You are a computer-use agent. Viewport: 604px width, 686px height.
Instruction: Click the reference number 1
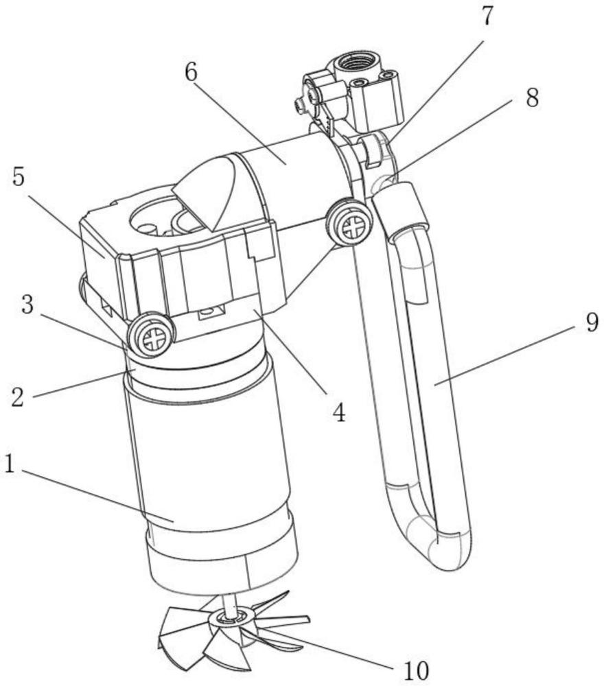point(10,465)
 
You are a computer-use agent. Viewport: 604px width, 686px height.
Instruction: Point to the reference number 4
point(339,411)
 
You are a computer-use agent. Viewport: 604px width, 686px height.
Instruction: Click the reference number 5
point(19,177)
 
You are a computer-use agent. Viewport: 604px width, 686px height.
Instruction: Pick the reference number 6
point(191,72)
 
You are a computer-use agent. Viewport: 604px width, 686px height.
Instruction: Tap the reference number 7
point(486,16)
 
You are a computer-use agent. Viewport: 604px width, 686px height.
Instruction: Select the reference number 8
point(532,98)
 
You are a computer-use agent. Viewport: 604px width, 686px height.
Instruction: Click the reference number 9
point(592,323)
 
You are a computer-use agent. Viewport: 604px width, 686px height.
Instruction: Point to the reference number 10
point(415,670)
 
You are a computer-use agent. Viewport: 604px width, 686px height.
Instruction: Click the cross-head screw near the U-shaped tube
point(351,226)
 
